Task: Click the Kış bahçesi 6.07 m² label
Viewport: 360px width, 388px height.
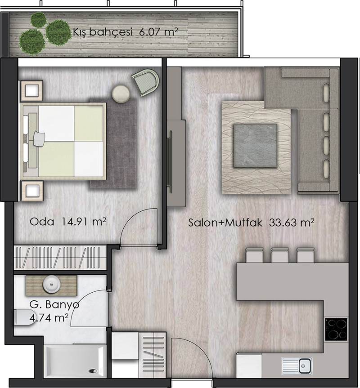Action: pyautogui.click(x=126, y=32)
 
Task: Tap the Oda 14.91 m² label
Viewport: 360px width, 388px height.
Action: pyautogui.click(x=68, y=221)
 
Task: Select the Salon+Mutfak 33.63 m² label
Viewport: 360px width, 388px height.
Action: pyautogui.click(x=251, y=223)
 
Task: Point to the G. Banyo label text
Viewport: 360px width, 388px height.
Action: pyautogui.click(x=54, y=304)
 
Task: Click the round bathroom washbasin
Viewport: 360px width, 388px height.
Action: pyautogui.click(x=51, y=285)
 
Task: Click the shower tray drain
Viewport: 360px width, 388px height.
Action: pyautogui.click(x=93, y=371)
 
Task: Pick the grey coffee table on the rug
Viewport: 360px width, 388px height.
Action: pyautogui.click(x=256, y=146)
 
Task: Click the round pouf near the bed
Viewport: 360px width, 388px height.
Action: pyautogui.click(x=121, y=94)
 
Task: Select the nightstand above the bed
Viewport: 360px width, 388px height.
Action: pyautogui.click(x=31, y=90)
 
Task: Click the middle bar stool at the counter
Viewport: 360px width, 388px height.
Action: pyautogui.click(x=280, y=255)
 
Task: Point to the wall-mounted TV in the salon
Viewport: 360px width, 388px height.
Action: pyautogui.click(x=170, y=162)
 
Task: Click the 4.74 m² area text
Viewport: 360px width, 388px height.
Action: pyautogui.click(x=49, y=318)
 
